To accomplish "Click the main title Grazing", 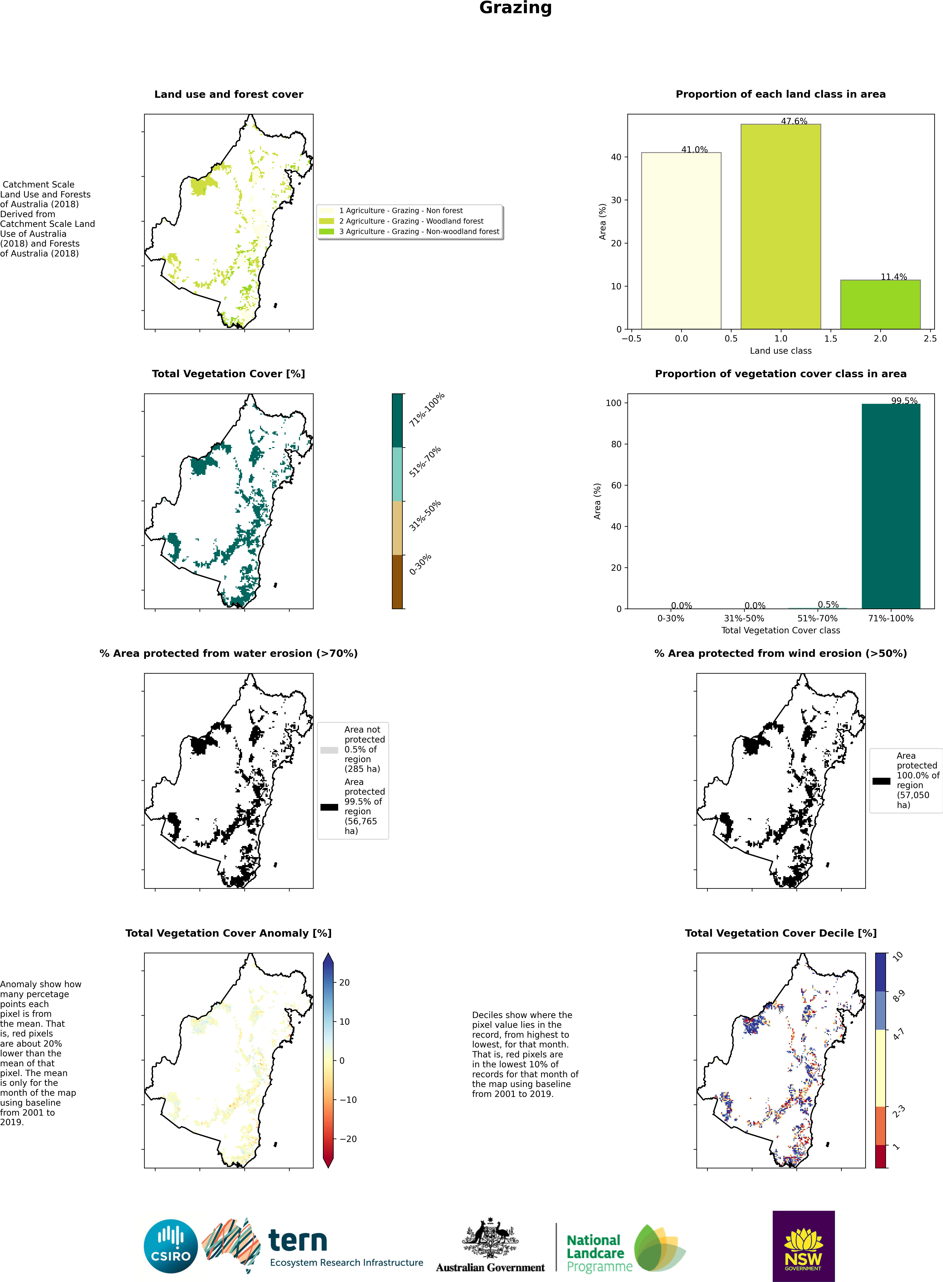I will click(x=516, y=8).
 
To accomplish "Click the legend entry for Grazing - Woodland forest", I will click(x=411, y=221).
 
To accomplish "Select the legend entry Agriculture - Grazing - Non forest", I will click(x=401, y=211).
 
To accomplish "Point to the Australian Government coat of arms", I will click(x=490, y=1238).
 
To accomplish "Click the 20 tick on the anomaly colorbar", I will click(x=344, y=983).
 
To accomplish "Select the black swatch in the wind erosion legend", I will click(x=881, y=781).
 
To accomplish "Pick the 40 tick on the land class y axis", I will click(x=616, y=157).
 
